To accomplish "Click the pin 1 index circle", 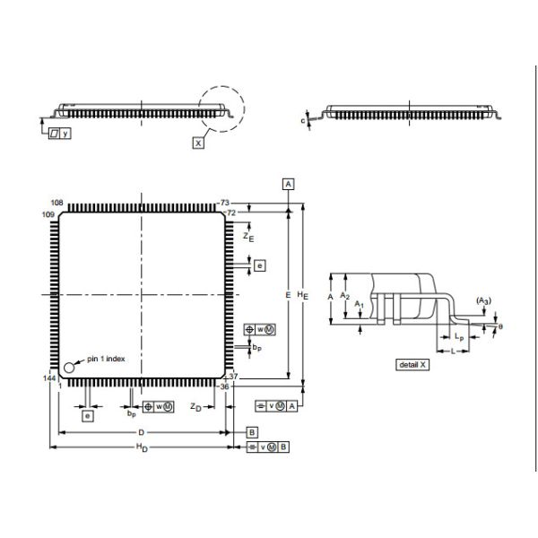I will tap(69, 367).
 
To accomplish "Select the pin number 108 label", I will tap(56, 204).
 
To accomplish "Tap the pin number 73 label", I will tap(226, 204).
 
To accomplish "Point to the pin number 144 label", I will tap(49, 380).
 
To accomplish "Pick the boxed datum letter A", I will tap(289, 184).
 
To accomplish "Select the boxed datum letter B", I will tap(253, 431).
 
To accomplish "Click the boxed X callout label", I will tap(198, 142).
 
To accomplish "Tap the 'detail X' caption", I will tap(413, 365).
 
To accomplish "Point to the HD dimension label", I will tap(141, 447).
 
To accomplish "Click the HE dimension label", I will tap(303, 294).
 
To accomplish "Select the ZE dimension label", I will tap(248, 236).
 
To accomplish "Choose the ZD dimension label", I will tap(195, 406).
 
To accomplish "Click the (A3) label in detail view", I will tap(483, 299).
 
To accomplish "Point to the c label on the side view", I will tap(303, 119).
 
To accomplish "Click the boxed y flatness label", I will tap(58, 132).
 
